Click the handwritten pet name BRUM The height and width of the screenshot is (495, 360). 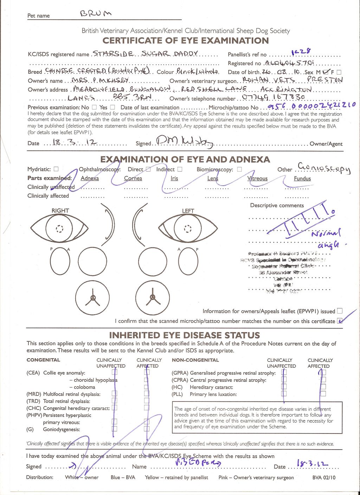pyautogui.click(x=96, y=14)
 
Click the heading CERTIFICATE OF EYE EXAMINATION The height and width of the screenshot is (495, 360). pyautogui.click(x=186, y=40)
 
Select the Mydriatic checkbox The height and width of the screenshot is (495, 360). pyautogui.click(x=56, y=169)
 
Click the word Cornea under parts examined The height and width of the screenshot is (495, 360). pyautogui.click(x=133, y=178)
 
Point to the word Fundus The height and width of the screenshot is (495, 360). pyautogui.click(x=302, y=178)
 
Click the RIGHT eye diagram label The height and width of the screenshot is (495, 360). pyautogui.click(x=60, y=211)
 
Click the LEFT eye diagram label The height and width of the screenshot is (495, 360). pyautogui.click(x=188, y=211)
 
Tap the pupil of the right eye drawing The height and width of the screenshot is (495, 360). pyautogui.click(x=59, y=229)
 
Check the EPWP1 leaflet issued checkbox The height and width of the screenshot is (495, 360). pyautogui.click(x=340, y=311)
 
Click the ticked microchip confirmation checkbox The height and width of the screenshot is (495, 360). pyautogui.click(x=340, y=321)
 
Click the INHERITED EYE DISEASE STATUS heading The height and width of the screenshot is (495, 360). pyautogui.click(x=184, y=335)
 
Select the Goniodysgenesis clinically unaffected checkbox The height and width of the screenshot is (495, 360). pyautogui.click(x=114, y=429)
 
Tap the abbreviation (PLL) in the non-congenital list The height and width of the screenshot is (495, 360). pyautogui.click(x=178, y=394)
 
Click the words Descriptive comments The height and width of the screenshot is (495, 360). pyautogui.click(x=277, y=205)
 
